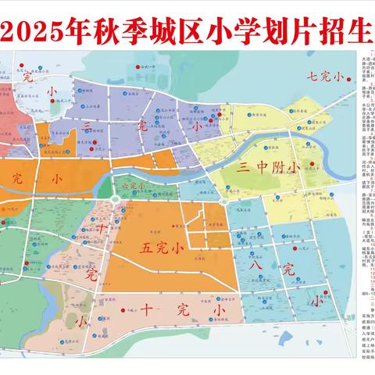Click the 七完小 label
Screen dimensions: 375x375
tap(324, 76)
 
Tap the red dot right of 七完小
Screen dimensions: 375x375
tap(349, 76)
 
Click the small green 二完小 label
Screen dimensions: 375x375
tap(132, 186)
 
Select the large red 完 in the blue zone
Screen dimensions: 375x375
tap(289, 270)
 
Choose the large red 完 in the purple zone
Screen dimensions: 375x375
tap(141, 125)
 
